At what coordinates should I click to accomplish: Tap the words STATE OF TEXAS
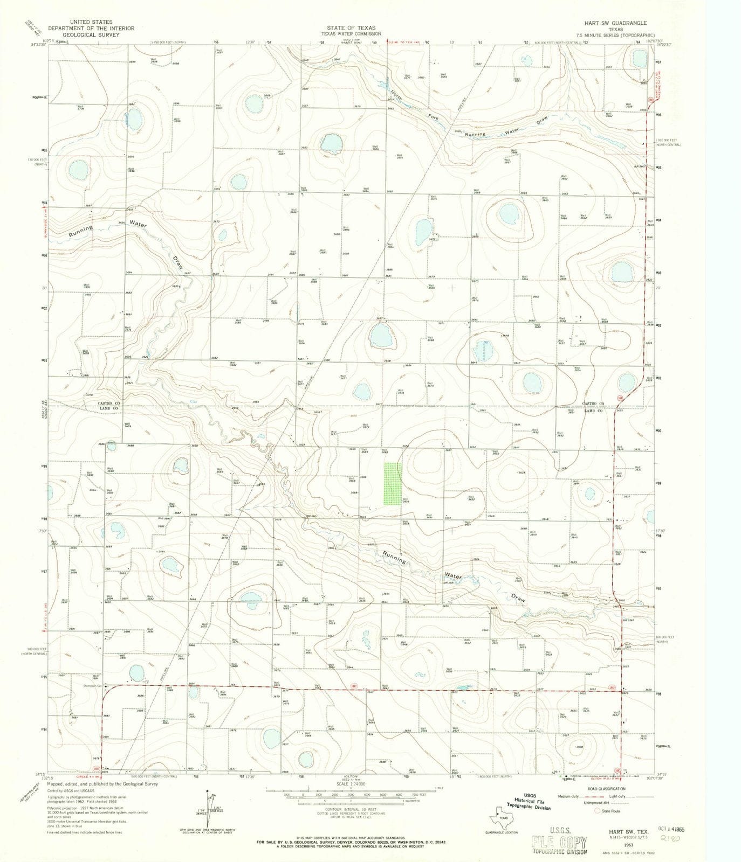354,27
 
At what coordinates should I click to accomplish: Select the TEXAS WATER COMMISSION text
354,33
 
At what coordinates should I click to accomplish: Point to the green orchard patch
393,483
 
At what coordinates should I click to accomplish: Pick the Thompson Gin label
94,685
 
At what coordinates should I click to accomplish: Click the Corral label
90,394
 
